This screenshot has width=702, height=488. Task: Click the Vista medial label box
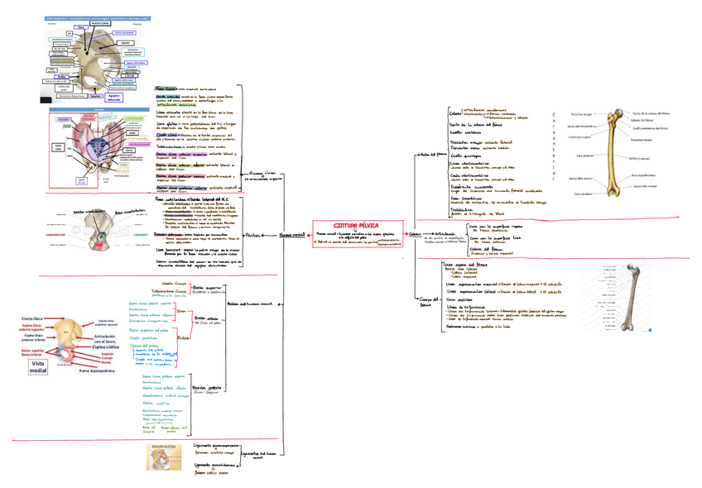click(x=38, y=367)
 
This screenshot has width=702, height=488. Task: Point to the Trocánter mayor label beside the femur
click(x=580, y=114)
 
